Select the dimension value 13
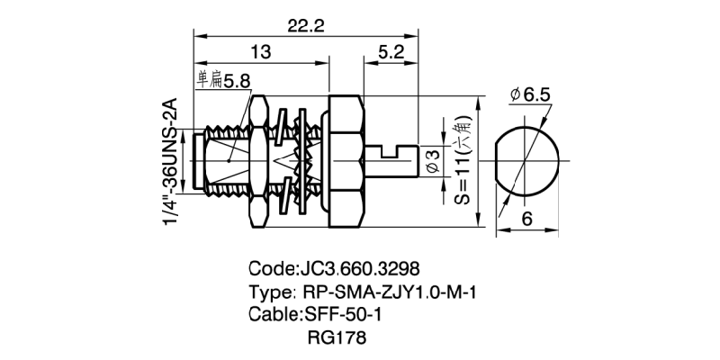tap(260, 53)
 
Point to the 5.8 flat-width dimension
tap(237, 81)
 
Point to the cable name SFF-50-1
tap(337, 314)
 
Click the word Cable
tap(273, 314)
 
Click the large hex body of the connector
tap(346, 162)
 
